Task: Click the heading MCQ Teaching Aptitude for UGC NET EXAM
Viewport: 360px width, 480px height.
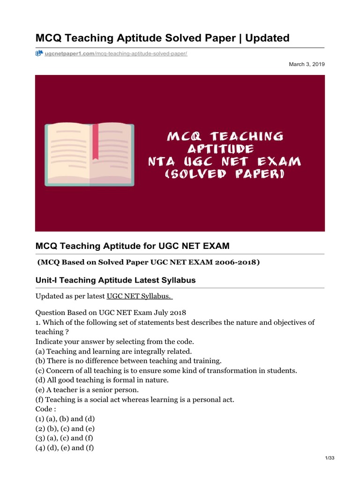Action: point(133,246)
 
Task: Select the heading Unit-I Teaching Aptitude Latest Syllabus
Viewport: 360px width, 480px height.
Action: point(116,280)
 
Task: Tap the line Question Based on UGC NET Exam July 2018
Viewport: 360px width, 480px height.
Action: point(111,313)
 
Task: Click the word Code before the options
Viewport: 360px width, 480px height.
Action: point(45,409)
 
